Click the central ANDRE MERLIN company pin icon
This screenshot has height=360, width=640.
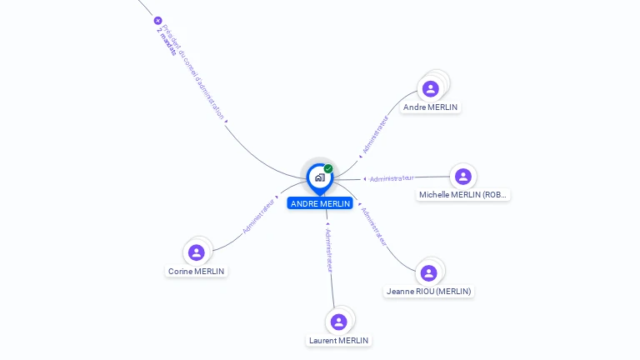(318, 177)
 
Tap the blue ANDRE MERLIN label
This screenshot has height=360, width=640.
(320, 203)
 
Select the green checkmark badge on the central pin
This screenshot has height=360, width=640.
(328, 168)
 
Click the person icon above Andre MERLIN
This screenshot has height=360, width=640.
(431, 88)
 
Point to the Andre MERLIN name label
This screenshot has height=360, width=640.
(430, 107)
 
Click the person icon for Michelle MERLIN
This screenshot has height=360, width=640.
(462, 177)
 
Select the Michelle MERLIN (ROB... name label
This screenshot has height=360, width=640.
(462, 195)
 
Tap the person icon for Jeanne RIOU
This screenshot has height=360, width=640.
(429, 273)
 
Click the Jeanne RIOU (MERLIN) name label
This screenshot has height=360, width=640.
(429, 292)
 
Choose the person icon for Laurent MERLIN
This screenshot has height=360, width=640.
(338, 322)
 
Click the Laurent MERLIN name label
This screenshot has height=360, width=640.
(338, 340)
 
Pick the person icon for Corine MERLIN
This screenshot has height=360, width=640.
(197, 252)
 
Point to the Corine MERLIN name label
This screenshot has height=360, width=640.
(197, 272)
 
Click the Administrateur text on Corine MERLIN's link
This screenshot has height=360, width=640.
(259, 215)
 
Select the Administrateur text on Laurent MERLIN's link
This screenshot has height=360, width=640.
(329, 250)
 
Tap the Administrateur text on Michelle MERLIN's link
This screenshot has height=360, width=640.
(392, 178)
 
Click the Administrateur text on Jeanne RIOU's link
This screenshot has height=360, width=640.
(374, 227)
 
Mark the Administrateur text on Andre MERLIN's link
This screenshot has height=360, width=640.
(375, 136)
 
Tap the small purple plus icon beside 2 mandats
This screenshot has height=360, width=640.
(157, 21)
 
